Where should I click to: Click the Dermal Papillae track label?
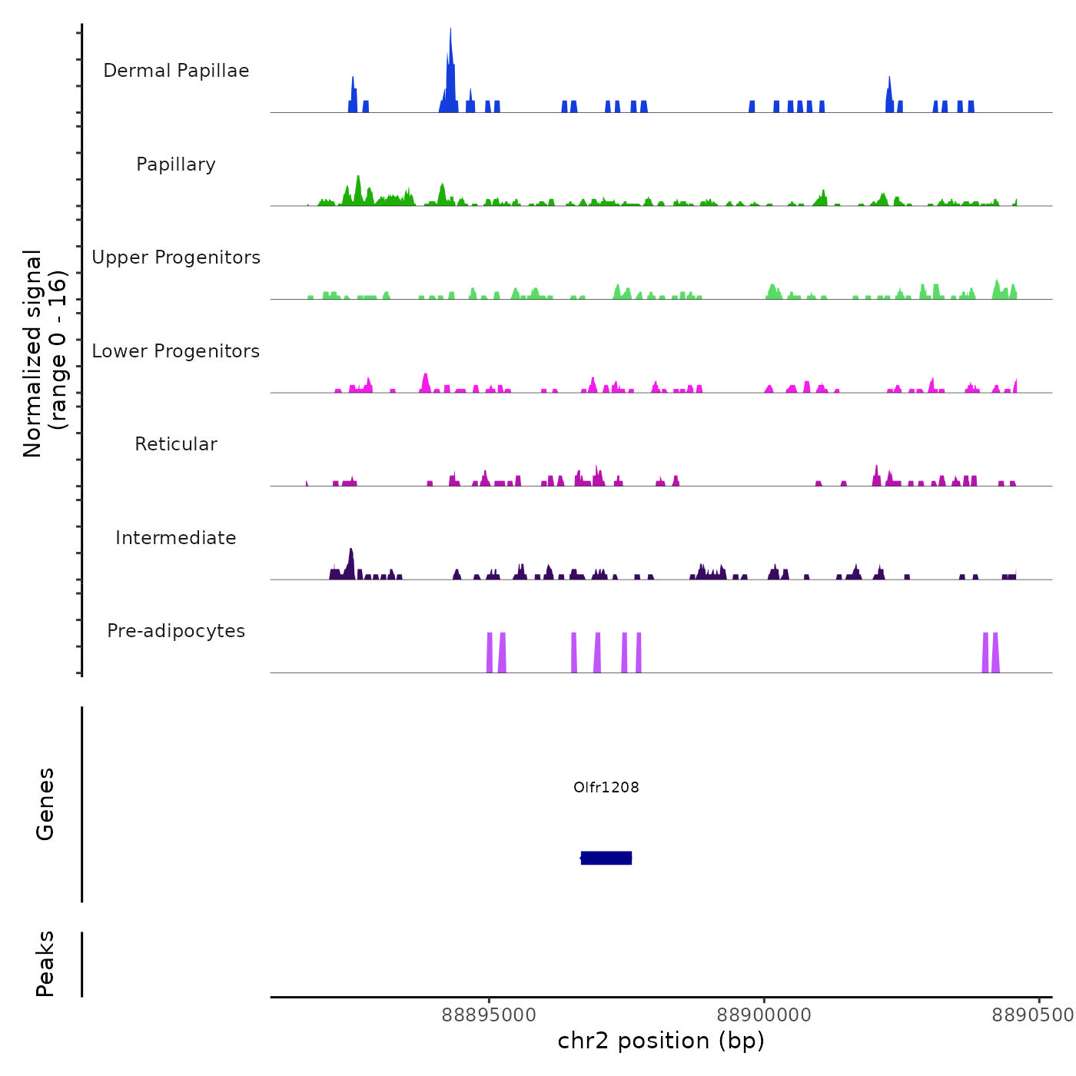point(176,71)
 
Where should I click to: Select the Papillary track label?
point(176,164)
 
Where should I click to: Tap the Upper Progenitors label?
point(176,257)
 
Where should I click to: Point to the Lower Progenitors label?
point(176,351)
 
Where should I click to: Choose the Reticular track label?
point(176,444)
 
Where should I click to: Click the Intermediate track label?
point(176,538)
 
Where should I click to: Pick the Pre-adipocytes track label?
point(176,631)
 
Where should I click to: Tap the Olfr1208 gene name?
point(606,787)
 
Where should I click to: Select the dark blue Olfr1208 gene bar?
point(606,858)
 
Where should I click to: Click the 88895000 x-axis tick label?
point(490,1015)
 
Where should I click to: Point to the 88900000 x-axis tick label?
point(764,1015)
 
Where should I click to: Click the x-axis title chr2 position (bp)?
point(661,1041)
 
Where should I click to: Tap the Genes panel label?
point(45,804)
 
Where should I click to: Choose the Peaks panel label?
point(45,964)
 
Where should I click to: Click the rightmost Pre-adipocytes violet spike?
point(995,653)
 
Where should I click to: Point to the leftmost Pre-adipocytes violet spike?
point(490,653)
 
